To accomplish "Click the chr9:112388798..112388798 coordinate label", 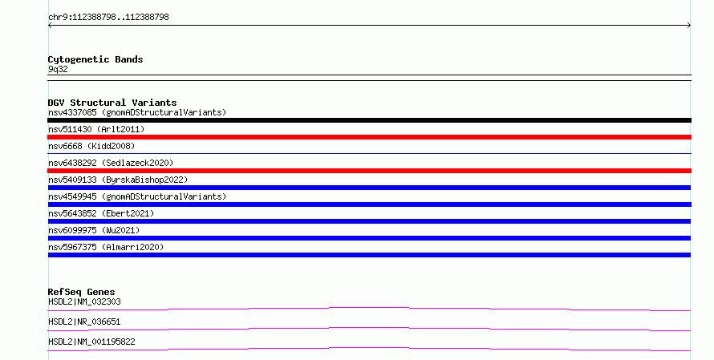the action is (x=108, y=18).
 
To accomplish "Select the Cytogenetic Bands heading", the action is (x=95, y=59).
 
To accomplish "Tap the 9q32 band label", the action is (x=58, y=69).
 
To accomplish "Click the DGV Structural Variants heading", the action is (x=112, y=103).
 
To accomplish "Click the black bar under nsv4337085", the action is (x=369, y=120).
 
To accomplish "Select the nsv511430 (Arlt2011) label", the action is (x=96, y=129).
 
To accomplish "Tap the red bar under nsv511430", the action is (x=369, y=137).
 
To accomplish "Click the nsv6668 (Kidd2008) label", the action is (x=91, y=146).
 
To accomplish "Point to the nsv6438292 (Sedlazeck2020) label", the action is (x=111, y=163).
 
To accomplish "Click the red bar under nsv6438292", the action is (x=369, y=171).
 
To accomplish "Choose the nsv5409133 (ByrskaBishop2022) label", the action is (x=118, y=180).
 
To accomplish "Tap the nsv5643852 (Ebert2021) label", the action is (x=101, y=213).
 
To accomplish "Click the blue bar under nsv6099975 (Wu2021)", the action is (x=369, y=238).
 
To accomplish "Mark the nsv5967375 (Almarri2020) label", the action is (x=106, y=247).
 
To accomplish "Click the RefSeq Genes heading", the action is (x=81, y=292).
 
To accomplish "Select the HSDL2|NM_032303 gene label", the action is (x=84, y=301).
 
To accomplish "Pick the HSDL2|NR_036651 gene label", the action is (x=84, y=322).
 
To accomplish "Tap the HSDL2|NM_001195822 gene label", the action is (x=91, y=342).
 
